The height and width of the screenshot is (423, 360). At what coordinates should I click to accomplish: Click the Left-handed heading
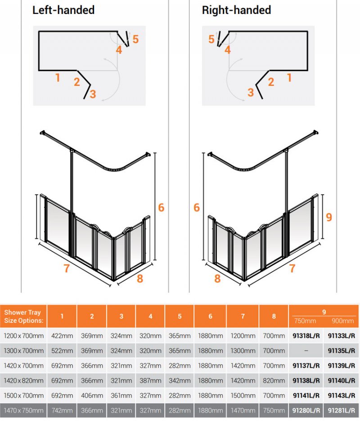pos(63,10)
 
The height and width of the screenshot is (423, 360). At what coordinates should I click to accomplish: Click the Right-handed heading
pos(236,10)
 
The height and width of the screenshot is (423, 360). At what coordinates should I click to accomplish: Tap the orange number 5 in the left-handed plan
pos(135,40)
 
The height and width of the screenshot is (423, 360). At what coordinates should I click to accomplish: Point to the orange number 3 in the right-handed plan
pos(251,93)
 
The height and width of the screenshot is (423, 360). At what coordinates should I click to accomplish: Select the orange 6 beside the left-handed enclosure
pos(161,207)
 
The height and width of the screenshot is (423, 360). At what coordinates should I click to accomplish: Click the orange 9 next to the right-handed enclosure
pos(329,217)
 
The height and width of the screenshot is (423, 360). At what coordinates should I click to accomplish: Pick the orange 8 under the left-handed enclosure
pos(140,279)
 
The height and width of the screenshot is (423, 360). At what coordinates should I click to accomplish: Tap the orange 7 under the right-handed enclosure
pos(292,268)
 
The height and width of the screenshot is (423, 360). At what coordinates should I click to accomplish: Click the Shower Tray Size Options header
pos(23,316)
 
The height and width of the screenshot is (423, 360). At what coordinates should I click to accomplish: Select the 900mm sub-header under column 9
pos(342,321)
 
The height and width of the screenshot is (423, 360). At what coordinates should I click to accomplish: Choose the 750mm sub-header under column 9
pos(305,321)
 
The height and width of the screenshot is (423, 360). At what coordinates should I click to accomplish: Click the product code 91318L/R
pos(306,336)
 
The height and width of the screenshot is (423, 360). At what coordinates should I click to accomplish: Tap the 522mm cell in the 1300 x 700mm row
pos(62,351)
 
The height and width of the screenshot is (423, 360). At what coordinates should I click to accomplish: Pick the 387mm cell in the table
pos(150,381)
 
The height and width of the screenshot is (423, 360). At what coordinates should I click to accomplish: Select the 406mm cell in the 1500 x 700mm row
pos(92,396)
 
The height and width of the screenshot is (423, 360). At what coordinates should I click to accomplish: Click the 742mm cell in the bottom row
pos(62,410)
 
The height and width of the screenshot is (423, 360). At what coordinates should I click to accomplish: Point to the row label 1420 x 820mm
pos(23,381)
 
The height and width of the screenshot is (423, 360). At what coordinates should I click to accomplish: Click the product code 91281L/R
pos(342,410)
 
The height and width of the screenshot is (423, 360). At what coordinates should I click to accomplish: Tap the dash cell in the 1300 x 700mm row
pos(306,351)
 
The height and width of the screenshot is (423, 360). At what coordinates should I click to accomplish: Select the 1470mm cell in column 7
pos(243,410)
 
